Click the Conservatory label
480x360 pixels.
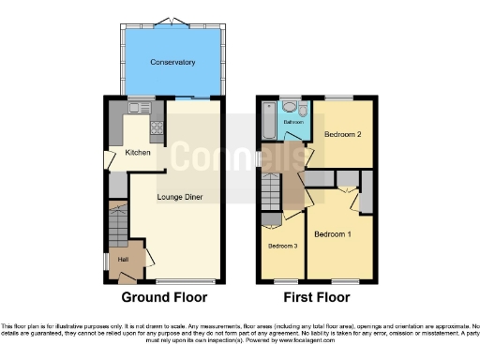click(x=172, y=63)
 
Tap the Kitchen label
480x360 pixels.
click(x=138, y=152)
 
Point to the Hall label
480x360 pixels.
click(x=122, y=259)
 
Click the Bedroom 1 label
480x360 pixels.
click(x=332, y=232)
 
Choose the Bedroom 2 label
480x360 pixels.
click(x=343, y=134)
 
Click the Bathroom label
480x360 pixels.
click(x=293, y=122)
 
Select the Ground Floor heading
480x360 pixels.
click(x=164, y=297)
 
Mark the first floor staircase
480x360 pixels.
click(x=272, y=191)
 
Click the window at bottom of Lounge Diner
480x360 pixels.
click(x=175, y=282)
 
